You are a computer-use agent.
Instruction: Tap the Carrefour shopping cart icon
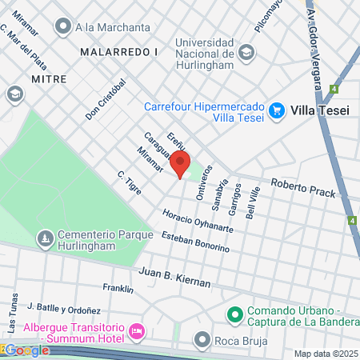tap(277, 110)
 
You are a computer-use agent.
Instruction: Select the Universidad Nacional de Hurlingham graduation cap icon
tap(246, 53)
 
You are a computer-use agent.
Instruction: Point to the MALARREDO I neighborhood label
tap(119, 50)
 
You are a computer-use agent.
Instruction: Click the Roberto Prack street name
tap(302, 188)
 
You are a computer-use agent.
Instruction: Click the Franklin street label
tap(118, 288)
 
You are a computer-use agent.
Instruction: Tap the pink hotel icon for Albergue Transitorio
tap(137, 330)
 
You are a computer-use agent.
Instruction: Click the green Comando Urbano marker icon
tap(234, 312)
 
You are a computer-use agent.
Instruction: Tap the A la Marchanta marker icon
tap(62, 26)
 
